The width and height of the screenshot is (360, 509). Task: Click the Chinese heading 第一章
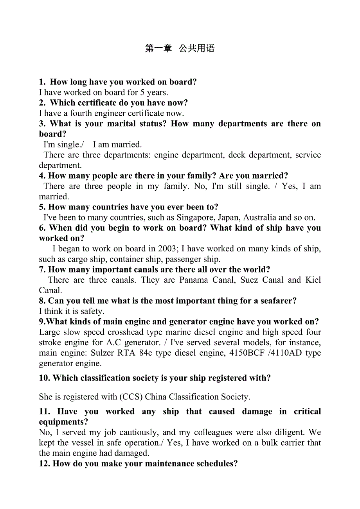[x=158, y=48]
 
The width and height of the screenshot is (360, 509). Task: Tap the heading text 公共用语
[x=197, y=48]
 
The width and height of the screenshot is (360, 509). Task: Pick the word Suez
[x=249, y=280]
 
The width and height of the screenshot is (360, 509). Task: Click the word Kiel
[x=313, y=280]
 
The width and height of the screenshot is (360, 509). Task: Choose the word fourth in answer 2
[x=80, y=113]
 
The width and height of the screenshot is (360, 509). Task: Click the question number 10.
[x=44, y=378]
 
